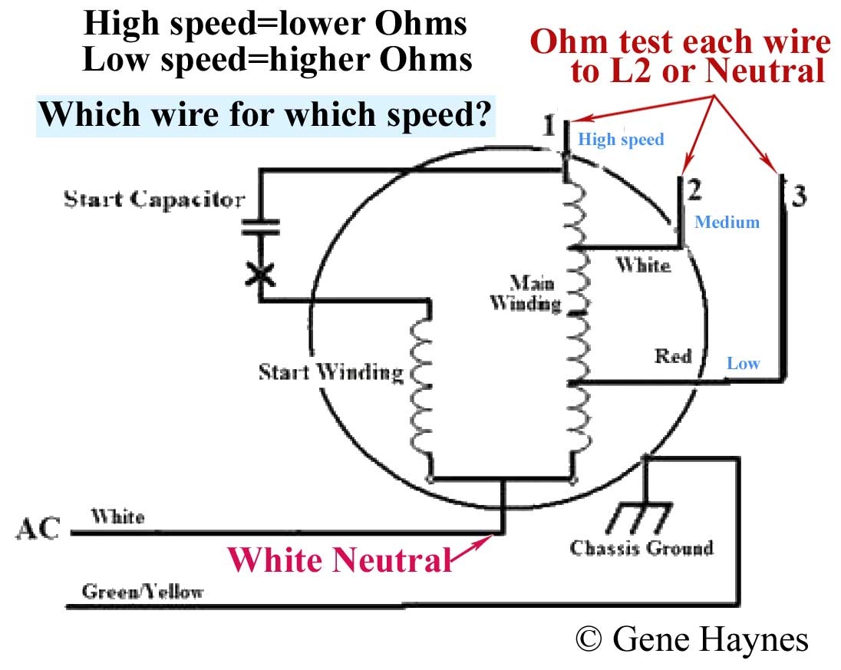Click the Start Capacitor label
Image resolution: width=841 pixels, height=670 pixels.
pos(154,200)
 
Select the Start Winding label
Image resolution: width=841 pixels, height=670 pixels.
pos(330,373)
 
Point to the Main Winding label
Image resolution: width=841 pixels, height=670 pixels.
pos(525,292)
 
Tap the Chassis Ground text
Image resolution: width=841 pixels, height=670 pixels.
pos(641,548)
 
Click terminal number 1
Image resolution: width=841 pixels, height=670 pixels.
pos(548,124)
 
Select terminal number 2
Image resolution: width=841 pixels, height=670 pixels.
pos(694,189)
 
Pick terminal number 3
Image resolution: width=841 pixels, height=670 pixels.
pos(799,197)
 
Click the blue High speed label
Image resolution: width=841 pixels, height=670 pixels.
pos(620,140)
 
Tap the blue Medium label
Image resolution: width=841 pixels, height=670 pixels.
pos(726,223)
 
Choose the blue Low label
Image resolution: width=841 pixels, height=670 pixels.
pos(743,363)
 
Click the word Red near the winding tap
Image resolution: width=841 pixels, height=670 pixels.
pos(672,356)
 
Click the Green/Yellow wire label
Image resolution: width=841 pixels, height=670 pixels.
pos(143,592)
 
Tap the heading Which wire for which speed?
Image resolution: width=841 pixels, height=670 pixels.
pos(265,116)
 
